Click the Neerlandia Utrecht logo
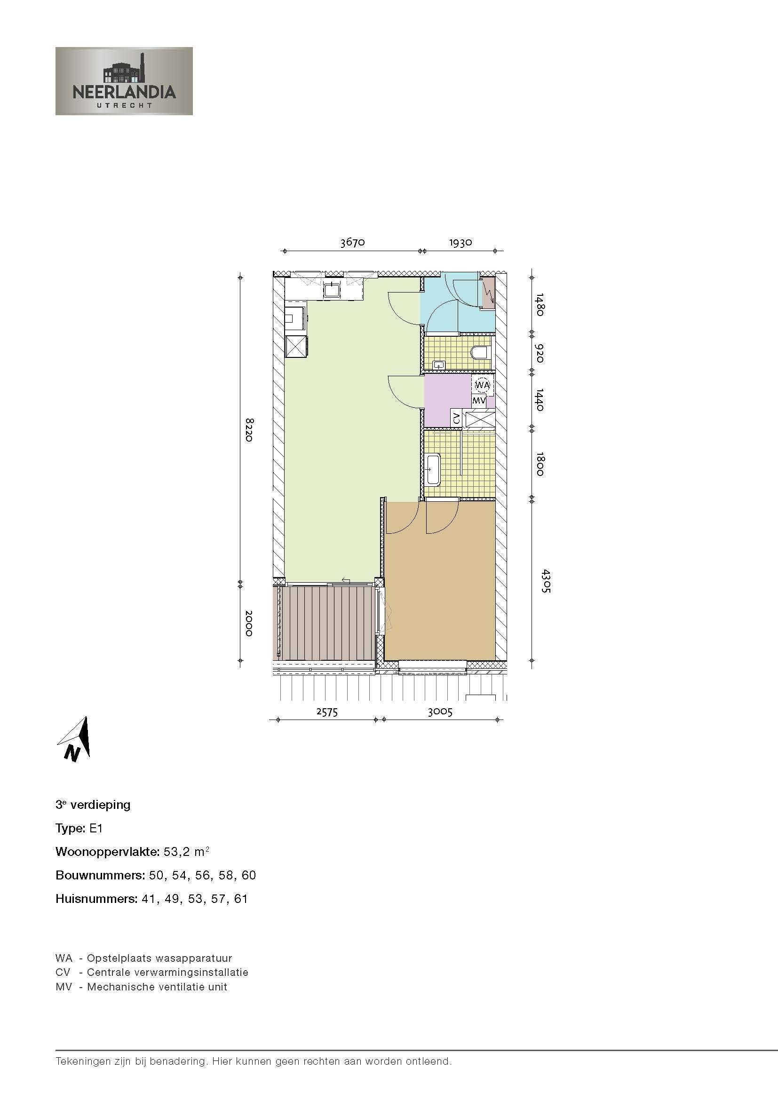pyautogui.click(x=124, y=81)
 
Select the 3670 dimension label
pyautogui.click(x=353, y=242)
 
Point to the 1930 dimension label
pyautogui.click(x=461, y=242)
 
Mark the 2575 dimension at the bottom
pyautogui.click(x=327, y=712)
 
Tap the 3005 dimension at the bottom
pyautogui.click(x=440, y=712)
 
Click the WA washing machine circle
pyautogui.click(x=482, y=385)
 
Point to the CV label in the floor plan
pyautogui.click(x=456, y=417)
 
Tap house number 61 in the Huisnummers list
pyautogui.click(x=241, y=899)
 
